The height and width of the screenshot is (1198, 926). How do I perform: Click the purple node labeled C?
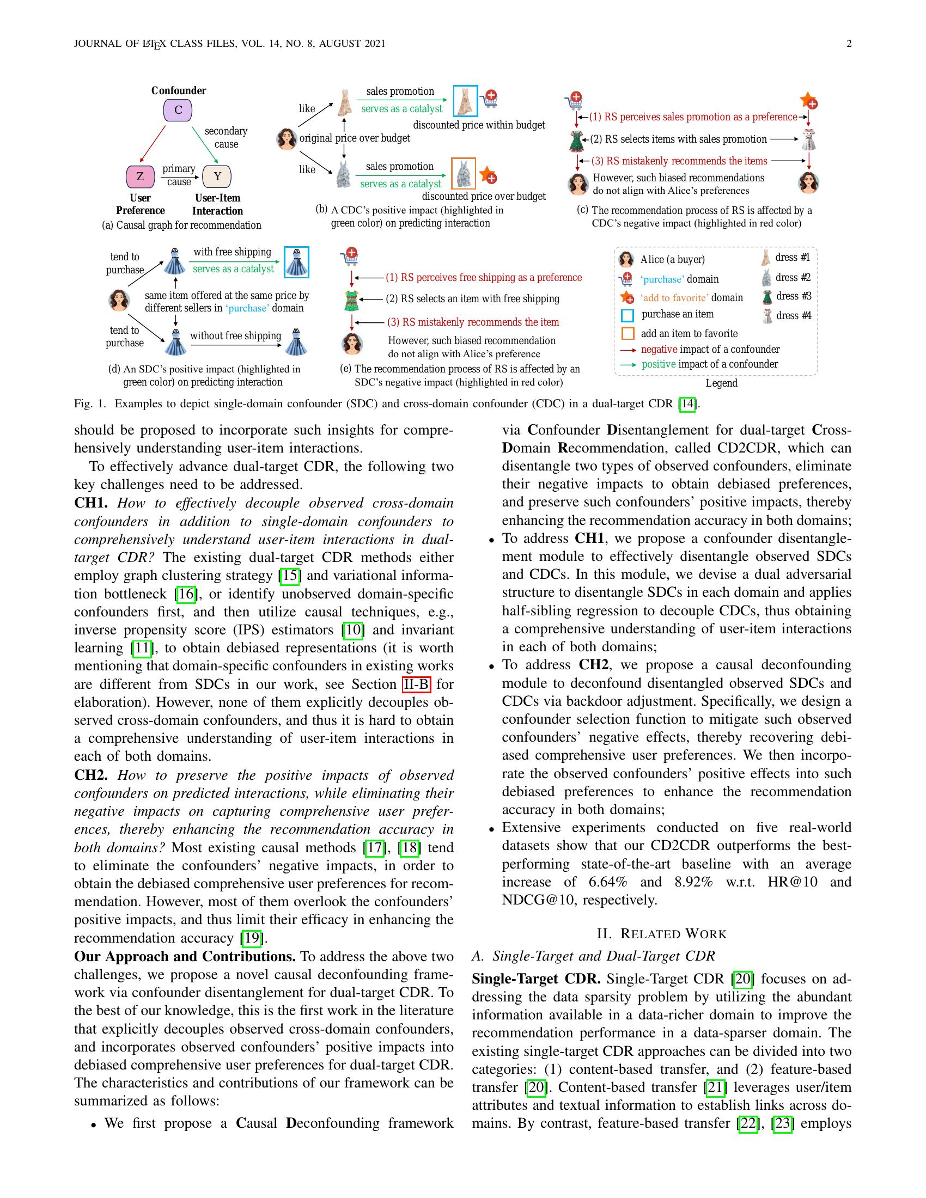point(178,110)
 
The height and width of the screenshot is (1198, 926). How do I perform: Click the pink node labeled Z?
point(140,176)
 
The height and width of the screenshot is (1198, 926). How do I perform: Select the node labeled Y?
point(217,176)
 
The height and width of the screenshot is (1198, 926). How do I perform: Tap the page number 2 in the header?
point(849,44)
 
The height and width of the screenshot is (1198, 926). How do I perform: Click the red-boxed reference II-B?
point(416,684)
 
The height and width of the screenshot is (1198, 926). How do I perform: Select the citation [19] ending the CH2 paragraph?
point(252,938)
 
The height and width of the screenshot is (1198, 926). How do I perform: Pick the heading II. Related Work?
point(661,933)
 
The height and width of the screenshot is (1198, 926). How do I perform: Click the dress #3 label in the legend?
point(793,296)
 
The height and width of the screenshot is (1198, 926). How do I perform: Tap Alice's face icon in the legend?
point(626,259)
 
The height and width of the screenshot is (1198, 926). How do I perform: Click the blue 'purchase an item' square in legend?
point(628,315)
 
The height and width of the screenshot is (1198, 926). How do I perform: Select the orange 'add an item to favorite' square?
point(628,333)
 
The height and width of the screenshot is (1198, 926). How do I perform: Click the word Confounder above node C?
point(178,90)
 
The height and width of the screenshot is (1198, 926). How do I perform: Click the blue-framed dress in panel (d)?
point(296,262)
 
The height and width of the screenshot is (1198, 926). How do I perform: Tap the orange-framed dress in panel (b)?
point(464,173)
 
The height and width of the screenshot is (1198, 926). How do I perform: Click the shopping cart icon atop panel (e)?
point(350,256)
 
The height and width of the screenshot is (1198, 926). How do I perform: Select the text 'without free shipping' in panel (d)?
point(235,335)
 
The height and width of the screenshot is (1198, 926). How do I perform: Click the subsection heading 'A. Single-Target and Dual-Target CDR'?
point(593,956)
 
